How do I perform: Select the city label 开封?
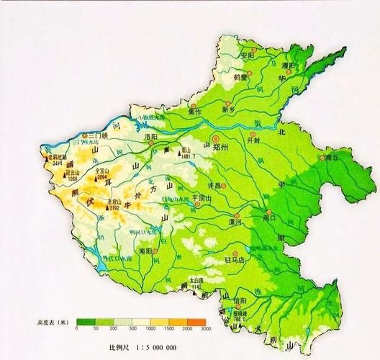pyautogui.click(x=257, y=142)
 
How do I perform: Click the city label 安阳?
pyautogui.click(x=248, y=54)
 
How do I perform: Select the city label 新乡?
pyautogui.click(x=230, y=110)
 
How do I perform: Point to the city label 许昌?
pyautogui.click(x=214, y=184)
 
